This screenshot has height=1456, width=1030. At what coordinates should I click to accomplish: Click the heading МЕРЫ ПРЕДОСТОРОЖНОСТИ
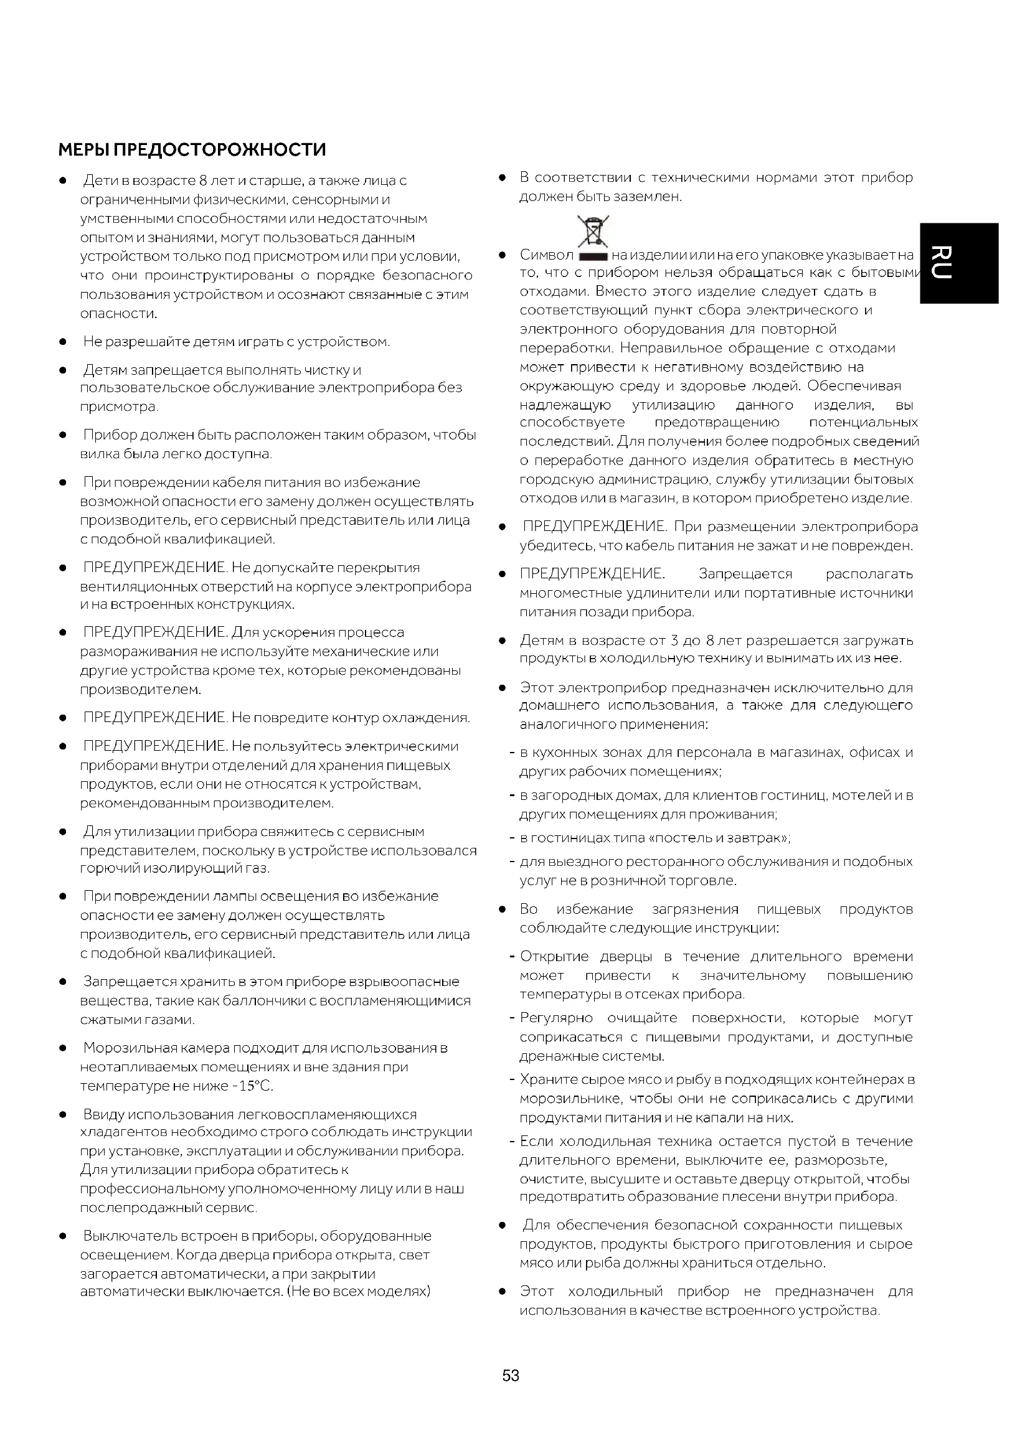click(192, 149)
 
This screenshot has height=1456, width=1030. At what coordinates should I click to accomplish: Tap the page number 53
click(511, 1376)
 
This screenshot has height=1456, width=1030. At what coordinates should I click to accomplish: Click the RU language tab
click(958, 263)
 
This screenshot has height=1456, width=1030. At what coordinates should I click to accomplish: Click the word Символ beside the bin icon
click(546, 255)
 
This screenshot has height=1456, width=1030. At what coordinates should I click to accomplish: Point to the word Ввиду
click(103, 1114)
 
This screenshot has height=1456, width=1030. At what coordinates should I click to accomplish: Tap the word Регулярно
click(556, 1018)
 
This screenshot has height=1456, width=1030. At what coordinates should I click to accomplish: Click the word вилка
click(96, 454)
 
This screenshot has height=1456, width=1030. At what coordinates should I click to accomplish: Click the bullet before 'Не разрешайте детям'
click(63, 342)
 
